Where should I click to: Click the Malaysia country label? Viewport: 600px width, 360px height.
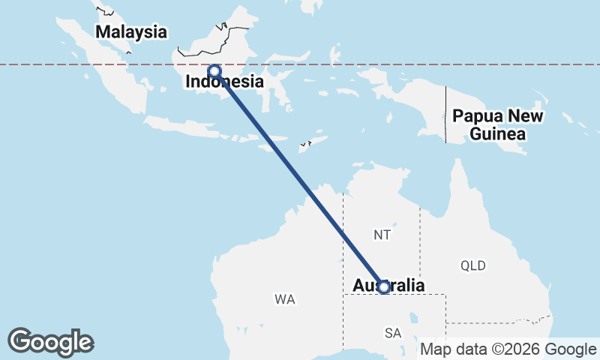pyautogui.click(x=130, y=32)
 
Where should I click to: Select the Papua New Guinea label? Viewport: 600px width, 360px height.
pyautogui.click(x=498, y=125)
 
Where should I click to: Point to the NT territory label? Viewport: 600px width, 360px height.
pyautogui.click(x=382, y=235)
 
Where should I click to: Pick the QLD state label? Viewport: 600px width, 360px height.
pyautogui.click(x=473, y=265)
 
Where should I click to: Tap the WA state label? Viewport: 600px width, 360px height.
pyautogui.click(x=284, y=299)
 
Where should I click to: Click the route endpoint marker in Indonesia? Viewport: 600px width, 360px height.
pyautogui.click(x=214, y=72)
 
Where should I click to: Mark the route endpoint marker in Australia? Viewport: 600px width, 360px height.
pyautogui.click(x=383, y=287)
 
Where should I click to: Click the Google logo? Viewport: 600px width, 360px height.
pyautogui.click(x=50, y=342)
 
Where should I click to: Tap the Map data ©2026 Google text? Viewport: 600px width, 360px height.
pyautogui.click(x=508, y=349)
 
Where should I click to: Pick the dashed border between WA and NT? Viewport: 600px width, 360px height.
pyautogui.click(x=343, y=240)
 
